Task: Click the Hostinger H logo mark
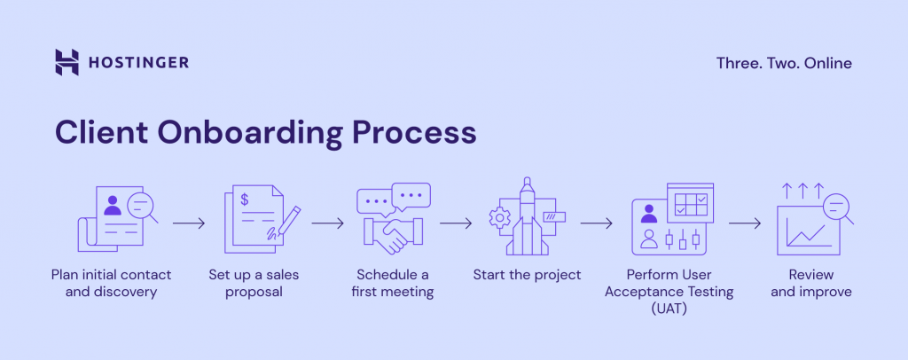(x=67, y=62)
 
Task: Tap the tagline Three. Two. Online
(x=784, y=63)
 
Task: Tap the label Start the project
(x=527, y=274)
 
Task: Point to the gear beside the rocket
(x=499, y=216)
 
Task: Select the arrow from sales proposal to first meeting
(x=327, y=223)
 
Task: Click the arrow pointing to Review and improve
(x=745, y=223)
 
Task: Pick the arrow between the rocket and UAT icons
(x=598, y=223)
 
